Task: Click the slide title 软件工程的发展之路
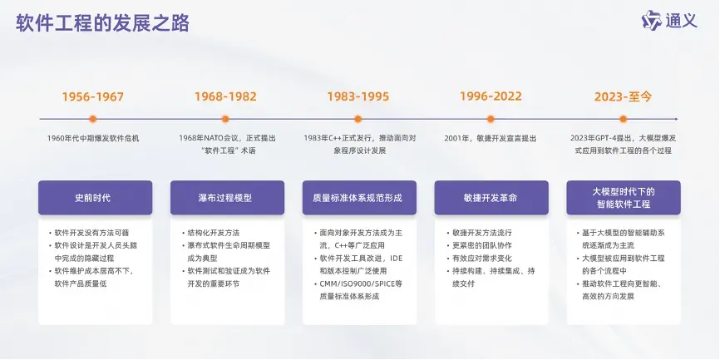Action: coord(103,23)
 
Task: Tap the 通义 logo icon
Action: coord(651,21)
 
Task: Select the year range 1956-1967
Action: coord(93,97)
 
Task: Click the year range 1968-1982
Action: coord(225,97)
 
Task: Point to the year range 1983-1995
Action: coord(358,97)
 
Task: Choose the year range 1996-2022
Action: coord(491,96)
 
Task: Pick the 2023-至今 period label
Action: coord(623,97)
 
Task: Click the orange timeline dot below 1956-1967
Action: coord(93,119)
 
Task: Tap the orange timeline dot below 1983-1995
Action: coord(358,119)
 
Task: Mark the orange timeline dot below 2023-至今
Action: coord(623,119)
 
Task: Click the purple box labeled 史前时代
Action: coord(95,198)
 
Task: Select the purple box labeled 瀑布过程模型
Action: coord(227,198)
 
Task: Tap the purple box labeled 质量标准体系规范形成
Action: coord(359,198)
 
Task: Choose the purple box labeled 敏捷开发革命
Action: coord(491,198)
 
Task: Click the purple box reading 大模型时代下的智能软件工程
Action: coord(624,198)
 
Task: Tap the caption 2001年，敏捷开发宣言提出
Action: coord(491,138)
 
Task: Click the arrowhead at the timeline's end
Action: coord(675,119)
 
